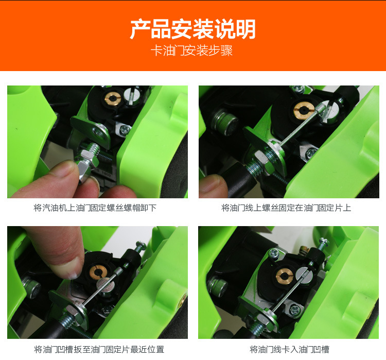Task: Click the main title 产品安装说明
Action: click(193, 29)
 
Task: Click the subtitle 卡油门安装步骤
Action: click(192, 51)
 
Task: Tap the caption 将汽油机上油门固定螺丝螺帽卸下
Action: click(95, 208)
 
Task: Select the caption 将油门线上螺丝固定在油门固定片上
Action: click(286, 208)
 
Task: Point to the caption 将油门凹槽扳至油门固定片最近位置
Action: click(99, 349)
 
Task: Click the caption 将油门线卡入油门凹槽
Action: click(289, 349)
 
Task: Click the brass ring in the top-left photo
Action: click(113, 98)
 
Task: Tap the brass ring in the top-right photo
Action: click(304, 110)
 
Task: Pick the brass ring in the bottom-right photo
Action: click(284, 276)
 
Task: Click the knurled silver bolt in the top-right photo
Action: click(225, 122)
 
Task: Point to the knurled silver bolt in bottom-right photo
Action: click(217, 286)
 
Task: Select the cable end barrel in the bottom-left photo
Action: click(119, 271)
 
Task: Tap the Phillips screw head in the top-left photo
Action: click(125, 129)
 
